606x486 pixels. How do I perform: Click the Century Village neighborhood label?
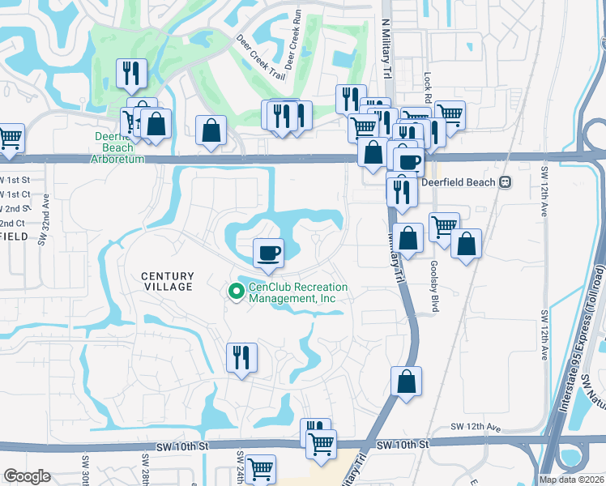coord(168,281)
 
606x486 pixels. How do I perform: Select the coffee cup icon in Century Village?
coord(268,253)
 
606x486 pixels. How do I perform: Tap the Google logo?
coord(27,476)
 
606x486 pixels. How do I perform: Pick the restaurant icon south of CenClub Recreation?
coord(241,357)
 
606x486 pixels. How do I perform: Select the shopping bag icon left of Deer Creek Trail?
coord(211,130)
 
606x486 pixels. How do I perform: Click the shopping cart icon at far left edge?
coord(10,138)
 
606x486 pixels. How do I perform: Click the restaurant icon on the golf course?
coord(130,74)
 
